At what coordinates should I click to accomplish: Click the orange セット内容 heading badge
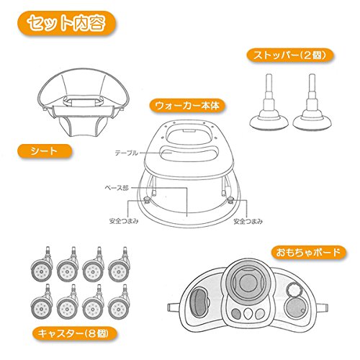(66, 23)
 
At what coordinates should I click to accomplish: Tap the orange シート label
(45, 151)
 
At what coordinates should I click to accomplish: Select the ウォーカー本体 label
(187, 106)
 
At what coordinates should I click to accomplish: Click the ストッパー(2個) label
(290, 55)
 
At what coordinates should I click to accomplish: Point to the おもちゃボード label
(308, 252)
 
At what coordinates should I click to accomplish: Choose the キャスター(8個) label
(75, 333)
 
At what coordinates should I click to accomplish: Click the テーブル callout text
(126, 153)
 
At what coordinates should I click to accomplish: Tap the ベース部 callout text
(117, 188)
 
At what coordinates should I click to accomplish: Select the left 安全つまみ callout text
(124, 221)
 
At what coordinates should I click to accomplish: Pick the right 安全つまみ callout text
(248, 221)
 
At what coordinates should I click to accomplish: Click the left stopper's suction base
(269, 122)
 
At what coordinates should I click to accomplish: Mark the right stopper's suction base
(312, 122)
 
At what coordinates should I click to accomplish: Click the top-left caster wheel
(41, 271)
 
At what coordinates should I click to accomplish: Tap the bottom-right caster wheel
(119, 309)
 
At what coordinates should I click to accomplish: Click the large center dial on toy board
(246, 282)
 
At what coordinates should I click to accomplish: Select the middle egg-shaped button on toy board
(248, 313)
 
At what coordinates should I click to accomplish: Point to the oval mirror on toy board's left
(199, 302)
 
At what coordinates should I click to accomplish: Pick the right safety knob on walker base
(230, 199)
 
